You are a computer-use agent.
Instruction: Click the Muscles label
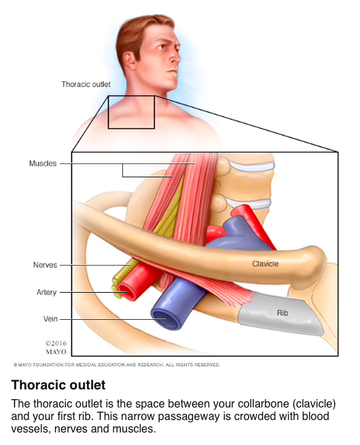[43, 163]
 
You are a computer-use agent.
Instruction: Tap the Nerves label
[45, 265]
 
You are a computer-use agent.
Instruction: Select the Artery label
[47, 292]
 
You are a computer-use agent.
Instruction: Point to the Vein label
[51, 318]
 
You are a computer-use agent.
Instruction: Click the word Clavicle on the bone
[265, 264]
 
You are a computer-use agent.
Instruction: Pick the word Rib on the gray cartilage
[282, 313]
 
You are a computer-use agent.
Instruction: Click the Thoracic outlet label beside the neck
[86, 84]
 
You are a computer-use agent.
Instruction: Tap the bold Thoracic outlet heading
[58, 385]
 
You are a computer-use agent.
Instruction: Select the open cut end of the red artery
[127, 291]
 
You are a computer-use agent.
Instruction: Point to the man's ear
[129, 60]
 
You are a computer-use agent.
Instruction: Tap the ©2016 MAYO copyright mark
[56, 348]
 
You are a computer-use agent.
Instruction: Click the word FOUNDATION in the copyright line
[48, 364]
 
